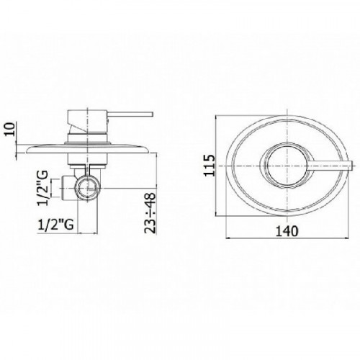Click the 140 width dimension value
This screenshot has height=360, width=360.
pyautogui.click(x=287, y=231)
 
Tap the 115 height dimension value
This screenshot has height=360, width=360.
pyautogui.click(x=210, y=166)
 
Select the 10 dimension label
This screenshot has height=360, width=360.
pyautogui.click(x=10, y=129)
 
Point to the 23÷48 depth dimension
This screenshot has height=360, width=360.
pyautogui.click(x=150, y=213)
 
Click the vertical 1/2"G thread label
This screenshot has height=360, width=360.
pyautogui.click(x=42, y=188)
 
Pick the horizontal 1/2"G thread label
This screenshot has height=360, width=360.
pyautogui.click(x=55, y=225)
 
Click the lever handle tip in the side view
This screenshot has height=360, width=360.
pyautogui.click(x=152, y=114)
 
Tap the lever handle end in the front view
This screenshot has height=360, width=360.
pyautogui.click(x=352, y=166)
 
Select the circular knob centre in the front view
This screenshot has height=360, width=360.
pyautogui.click(x=287, y=166)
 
